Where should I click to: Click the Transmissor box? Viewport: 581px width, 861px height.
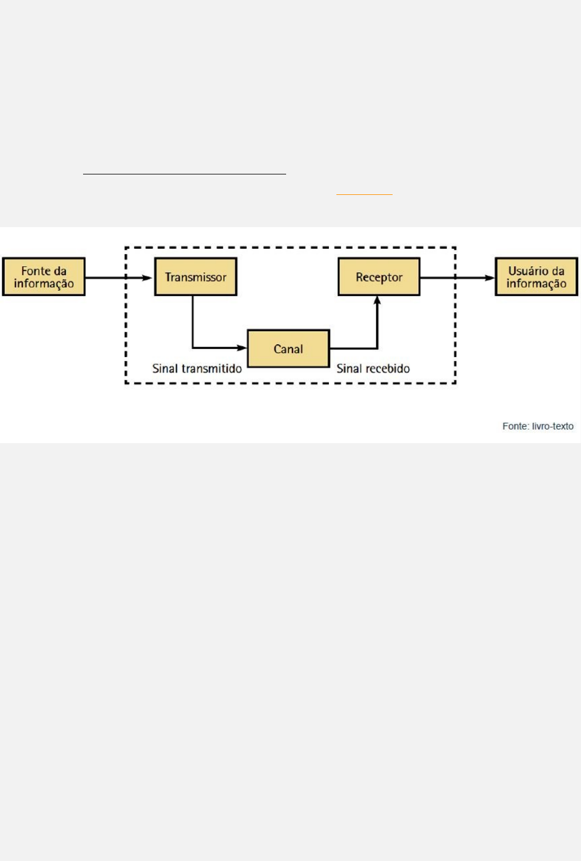click(195, 277)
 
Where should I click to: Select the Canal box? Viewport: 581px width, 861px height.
click(288, 349)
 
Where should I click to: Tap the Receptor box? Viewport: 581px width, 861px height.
click(379, 277)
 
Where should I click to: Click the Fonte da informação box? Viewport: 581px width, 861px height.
click(44, 277)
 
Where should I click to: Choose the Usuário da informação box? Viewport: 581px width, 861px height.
click(537, 277)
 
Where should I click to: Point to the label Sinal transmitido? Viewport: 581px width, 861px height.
click(197, 369)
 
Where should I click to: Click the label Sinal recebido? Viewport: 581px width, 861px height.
click(373, 369)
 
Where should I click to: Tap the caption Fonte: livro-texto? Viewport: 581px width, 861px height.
click(538, 426)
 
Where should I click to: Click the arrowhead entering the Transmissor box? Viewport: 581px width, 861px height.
click(147, 277)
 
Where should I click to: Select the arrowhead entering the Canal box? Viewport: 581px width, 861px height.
click(241, 348)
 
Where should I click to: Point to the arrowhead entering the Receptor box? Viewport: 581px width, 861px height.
click(377, 301)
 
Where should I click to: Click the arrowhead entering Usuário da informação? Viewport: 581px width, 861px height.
click(489, 277)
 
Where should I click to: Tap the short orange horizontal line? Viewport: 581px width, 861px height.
click(365, 194)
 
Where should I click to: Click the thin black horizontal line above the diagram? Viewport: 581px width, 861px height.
click(184, 174)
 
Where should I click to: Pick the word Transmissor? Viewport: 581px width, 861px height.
click(195, 277)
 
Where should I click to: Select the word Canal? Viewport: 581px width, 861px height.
click(288, 349)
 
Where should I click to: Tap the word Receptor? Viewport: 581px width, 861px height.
click(379, 277)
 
